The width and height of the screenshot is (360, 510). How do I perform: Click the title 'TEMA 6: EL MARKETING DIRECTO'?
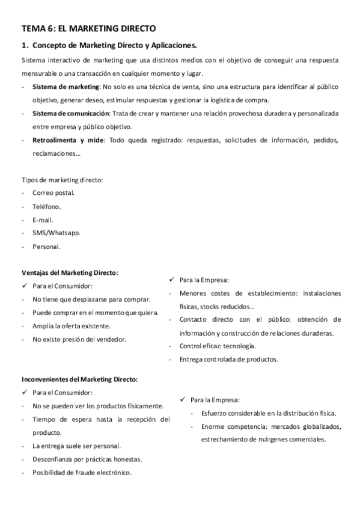click(88, 28)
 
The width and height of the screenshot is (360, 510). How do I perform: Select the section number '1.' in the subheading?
click(25, 45)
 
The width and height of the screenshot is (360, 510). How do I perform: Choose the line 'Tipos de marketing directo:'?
click(62, 180)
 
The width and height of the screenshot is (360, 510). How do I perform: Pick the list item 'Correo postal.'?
click(53, 193)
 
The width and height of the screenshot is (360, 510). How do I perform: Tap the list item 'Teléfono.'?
click(47, 206)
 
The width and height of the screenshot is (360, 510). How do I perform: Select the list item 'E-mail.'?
click(44, 220)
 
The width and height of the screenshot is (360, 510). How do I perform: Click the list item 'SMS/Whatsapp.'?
click(56, 233)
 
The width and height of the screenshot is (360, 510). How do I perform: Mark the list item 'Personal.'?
click(47, 246)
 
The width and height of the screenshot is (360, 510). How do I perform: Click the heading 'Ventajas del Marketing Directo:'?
click(70, 272)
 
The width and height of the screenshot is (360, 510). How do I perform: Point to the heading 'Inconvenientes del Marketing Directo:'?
click(79, 379)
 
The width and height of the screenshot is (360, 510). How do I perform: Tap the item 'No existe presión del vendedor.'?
click(79, 339)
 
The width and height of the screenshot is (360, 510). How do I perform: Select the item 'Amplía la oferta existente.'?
click(72, 326)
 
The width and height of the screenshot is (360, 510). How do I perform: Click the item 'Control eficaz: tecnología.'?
click(218, 346)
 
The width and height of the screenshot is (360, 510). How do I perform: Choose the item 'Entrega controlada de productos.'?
click(228, 359)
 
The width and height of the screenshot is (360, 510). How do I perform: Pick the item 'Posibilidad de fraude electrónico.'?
click(82, 472)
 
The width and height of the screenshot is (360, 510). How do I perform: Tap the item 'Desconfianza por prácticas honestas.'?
click(87, 459)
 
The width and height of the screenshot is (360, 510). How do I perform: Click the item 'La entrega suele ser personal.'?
click(77, 446)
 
